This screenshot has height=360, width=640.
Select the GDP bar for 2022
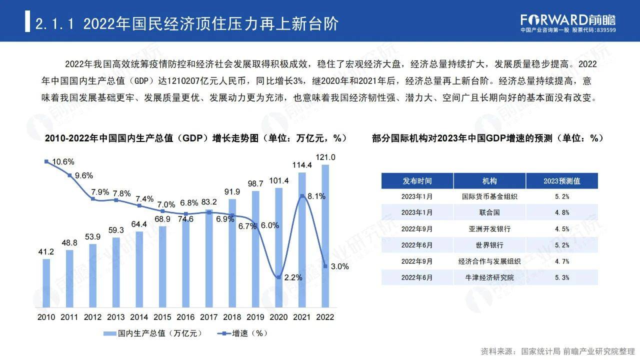click(325, 235)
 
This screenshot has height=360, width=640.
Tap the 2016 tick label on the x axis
click(185, 317)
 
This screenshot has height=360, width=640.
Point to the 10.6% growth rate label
click(63, 161)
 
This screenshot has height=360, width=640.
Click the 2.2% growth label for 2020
click(293, 277)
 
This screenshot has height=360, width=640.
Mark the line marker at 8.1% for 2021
click(302, 196)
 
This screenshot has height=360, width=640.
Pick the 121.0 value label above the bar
click(325, 157)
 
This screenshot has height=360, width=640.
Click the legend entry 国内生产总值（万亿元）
click(152, 333)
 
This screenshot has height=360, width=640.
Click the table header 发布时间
click(417, 181)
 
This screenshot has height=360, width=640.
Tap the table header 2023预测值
click(561, 181)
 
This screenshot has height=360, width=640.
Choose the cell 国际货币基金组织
click(489, 196)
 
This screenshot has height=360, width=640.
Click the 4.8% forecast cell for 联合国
click(561, 212)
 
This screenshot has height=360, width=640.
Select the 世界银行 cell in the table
click(489, 245)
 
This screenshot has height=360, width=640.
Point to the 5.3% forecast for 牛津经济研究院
click(561, 277)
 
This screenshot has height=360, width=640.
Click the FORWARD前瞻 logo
click(568, 20)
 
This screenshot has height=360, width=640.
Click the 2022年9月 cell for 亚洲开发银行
click(417, 229)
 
